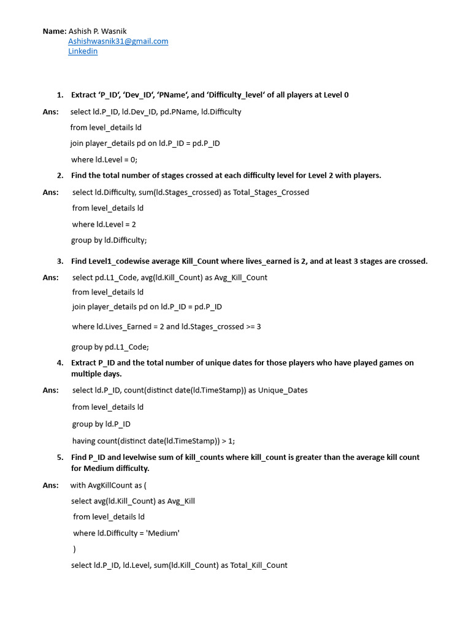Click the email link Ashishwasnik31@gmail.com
click(x=118, y=41)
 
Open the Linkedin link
click(x=82, y=52)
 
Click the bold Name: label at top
click(x=54, y=31)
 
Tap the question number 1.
click(x=60, y=95)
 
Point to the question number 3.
click(x=60, y=261)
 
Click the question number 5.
click(x=60, y=458)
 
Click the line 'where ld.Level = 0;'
click(x=104, y=159)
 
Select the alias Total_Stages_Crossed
click(x=271, y=193)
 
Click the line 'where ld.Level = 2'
click(x=104, y=224)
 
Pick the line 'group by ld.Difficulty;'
click(x=109, y=240)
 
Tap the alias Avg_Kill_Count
click(x=239, y=278)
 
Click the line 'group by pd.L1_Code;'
click(x=110, y=347)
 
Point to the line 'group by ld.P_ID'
click(x=101, y=424)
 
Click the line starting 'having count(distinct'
click(x=153, y=441)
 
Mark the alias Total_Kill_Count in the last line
click(x=259, y=565)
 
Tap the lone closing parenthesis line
click(x=74, y=549)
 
